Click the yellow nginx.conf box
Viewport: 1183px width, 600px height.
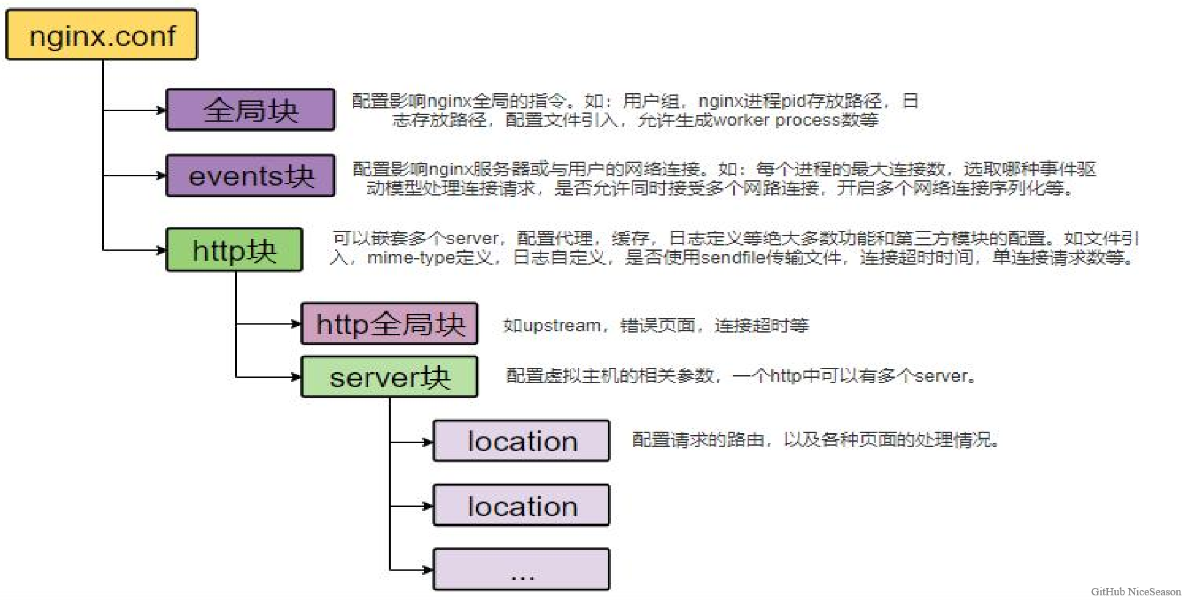pyautogui.click(x=102, y=35)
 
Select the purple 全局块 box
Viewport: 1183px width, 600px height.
pyautogui.click(x=250, y=110)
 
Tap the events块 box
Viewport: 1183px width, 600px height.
pyautogui.click(x=250, y=176)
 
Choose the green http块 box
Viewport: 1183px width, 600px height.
pyautogui.click(x=234, y=250)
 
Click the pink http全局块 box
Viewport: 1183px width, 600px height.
pyautogui.click(x=389, y=324)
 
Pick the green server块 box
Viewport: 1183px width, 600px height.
pyautogui.click(x=389, y=377)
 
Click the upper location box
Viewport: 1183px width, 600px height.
pyautogui.click(x=521, y=441)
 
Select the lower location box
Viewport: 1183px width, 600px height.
pyautogui.click(x=521, y=506)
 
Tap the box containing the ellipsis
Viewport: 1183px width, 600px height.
pyautogui.click(x=521, y=569)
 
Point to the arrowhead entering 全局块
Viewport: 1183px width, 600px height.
pyautogui.click(x=161, y=110)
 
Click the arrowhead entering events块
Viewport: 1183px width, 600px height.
pyautogui.click(x=161, y=176)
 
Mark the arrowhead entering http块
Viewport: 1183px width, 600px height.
pyautogui.click(x=161, y=250)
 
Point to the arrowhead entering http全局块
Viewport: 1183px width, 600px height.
pyautogui.click(x=296, y=324)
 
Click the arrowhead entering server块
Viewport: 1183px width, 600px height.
pyautogui.click(x=296, y=377)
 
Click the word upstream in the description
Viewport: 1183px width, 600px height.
pyautogui.click(x=562, y=326)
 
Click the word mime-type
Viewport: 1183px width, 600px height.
pyautogui.click(x=411, y=257)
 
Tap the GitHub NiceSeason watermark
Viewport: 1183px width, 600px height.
pyautogui.click(x=1136, y=591)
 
